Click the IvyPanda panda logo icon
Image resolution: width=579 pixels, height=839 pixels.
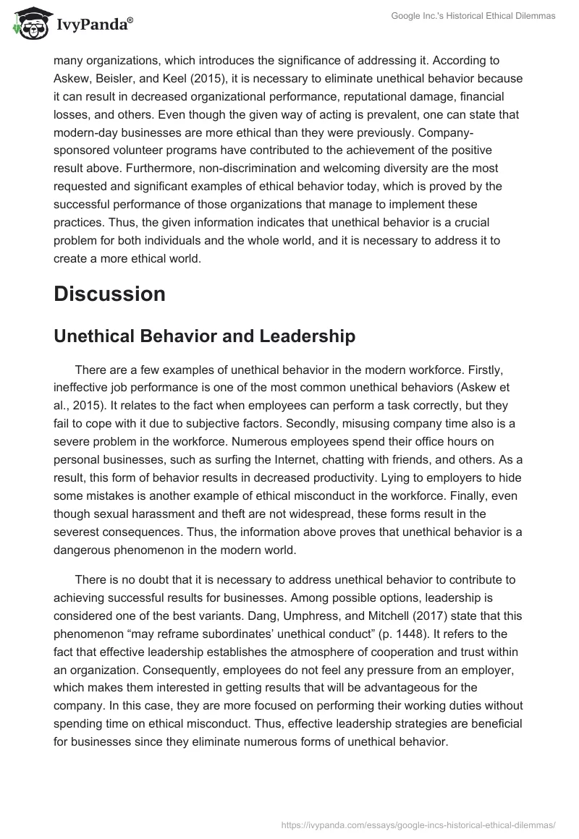coord(28,25)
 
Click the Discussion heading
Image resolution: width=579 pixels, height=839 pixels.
coord(109,294)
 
